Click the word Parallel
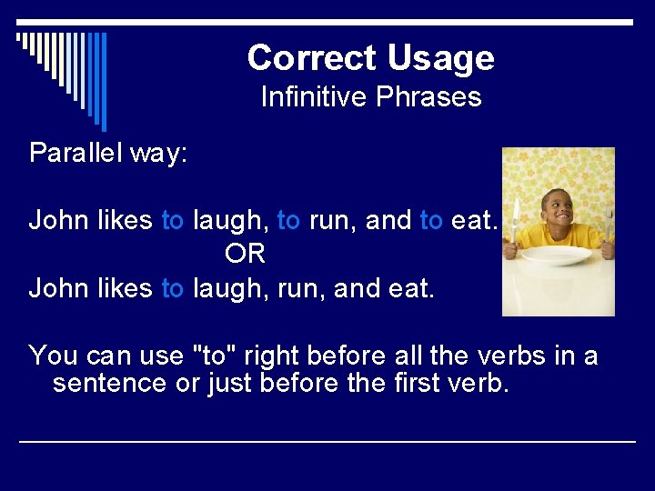[x=76, y=153]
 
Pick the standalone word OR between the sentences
[x=245, y=255]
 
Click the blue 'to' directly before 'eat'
[x=431, y=220]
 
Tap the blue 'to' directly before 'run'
[x=288, y=220]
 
